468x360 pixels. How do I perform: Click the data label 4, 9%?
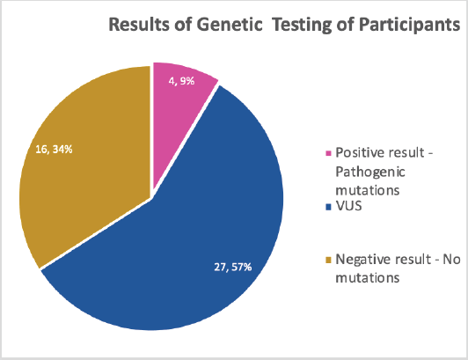[181, 81]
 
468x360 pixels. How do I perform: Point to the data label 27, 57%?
[233, 267]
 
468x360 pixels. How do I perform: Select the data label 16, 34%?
[54, 149]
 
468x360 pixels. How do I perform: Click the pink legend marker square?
[329, 153]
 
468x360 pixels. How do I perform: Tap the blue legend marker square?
[329, 207]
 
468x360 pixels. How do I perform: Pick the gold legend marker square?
[329, 260]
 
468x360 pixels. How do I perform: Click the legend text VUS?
[348, 206]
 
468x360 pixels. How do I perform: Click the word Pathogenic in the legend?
[370, 173]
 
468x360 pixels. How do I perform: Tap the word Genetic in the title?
[230, 24]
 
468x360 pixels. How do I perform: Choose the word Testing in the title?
[302, 26]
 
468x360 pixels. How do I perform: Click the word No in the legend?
[451, 260]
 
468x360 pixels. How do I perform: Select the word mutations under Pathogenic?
[368, 190]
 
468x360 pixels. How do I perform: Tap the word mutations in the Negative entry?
[368, 278]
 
